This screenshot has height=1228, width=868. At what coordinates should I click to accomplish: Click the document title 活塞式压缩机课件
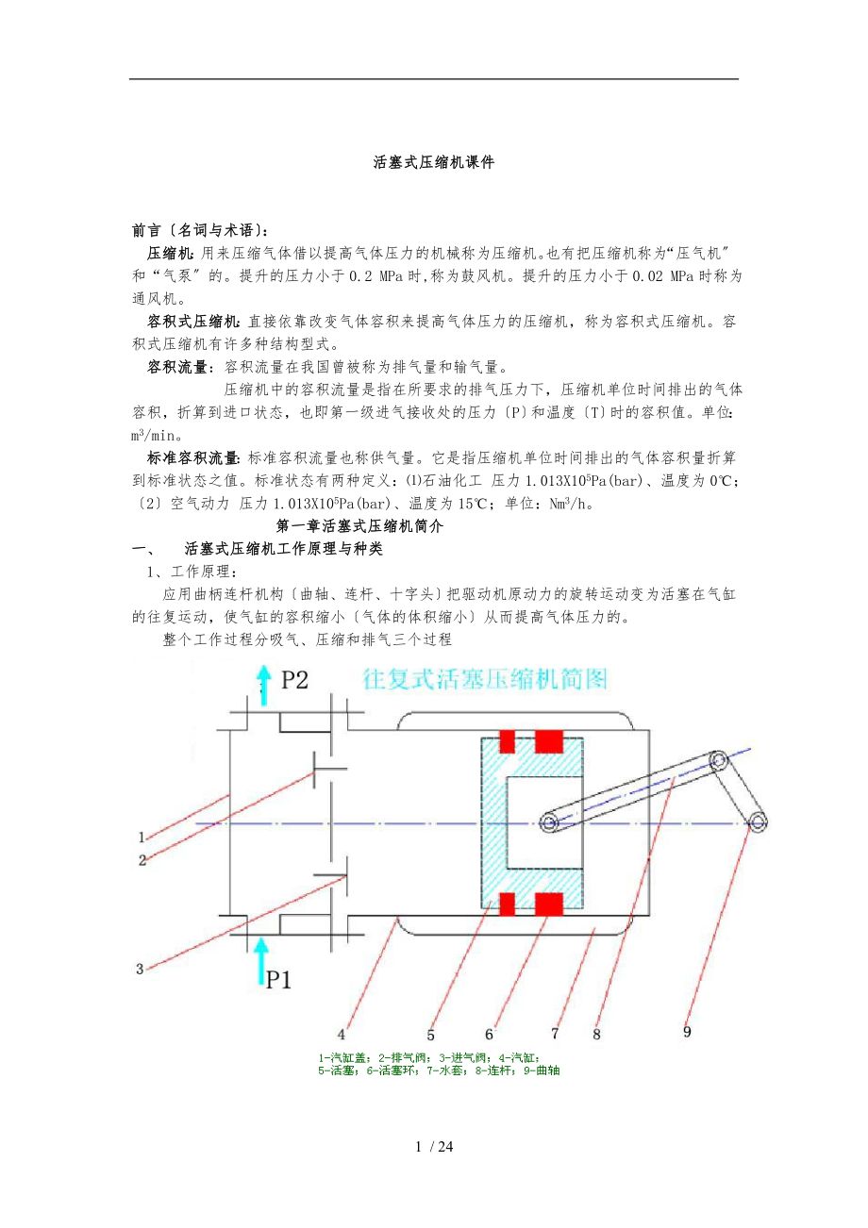[x=434, y=162]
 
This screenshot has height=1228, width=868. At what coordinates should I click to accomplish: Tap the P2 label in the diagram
[x=295, y=680]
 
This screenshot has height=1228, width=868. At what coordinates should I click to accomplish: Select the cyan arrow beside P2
[x=264, y=687]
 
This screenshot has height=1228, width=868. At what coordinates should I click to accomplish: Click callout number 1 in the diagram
[x=141, y=837]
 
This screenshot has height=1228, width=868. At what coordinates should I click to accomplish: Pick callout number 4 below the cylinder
[x=343, y=1030]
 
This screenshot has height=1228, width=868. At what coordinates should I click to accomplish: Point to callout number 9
[x=687, y=1031]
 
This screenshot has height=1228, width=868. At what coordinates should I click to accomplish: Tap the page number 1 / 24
[x=434, y=1147]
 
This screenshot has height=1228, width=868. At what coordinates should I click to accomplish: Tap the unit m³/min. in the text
[x=156, y=435]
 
